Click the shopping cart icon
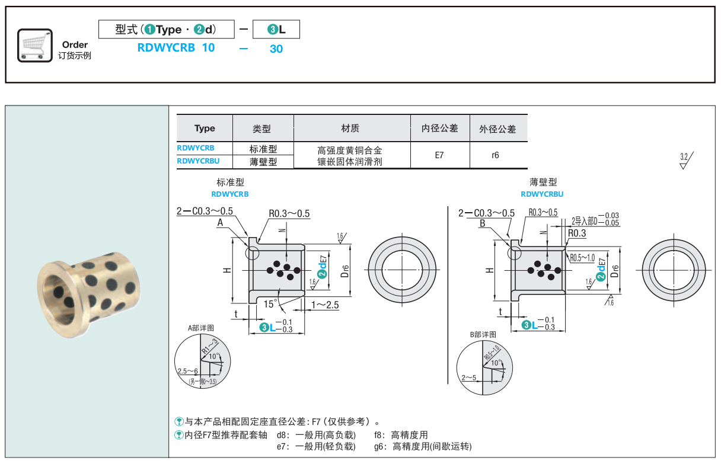35,44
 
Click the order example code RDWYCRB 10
176,48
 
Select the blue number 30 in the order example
276,49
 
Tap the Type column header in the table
205,128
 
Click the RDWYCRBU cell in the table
198,160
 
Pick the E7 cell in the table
439,155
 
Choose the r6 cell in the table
496,155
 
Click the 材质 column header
350,128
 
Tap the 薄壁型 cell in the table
263,161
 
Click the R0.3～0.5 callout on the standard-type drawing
289,214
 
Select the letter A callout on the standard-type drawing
220,223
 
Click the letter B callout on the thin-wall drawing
483,223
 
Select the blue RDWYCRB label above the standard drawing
230,194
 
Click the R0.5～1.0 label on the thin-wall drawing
582,258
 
